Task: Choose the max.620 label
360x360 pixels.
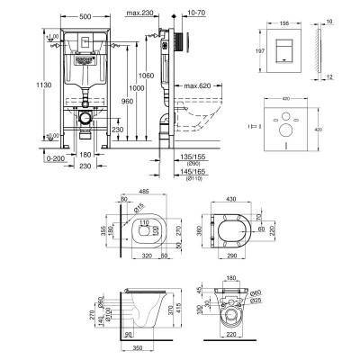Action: pos(205,86)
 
